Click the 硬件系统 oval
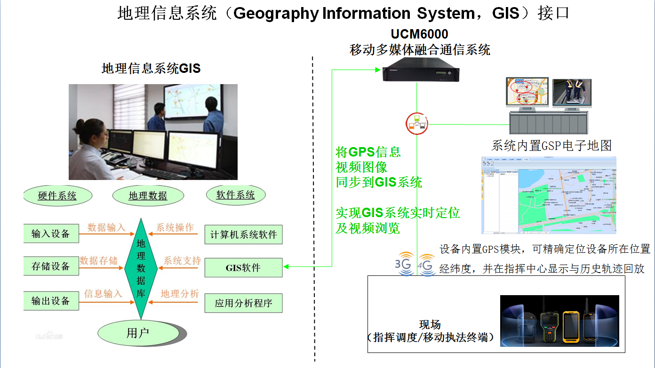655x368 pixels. [x=57, y=196]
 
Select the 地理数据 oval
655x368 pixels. [x=148, y=196]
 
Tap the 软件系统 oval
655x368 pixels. [x=235, y=195]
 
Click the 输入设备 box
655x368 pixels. [x=51, y=234]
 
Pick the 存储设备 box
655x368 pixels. [x=51, y=266]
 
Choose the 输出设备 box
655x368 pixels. [x=51, y=301]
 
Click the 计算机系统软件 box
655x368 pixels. [x=243, y=235]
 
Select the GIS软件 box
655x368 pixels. [x=243, y=268]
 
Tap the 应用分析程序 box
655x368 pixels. [x=243, y=303]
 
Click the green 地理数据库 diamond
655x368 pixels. [x=141, y=268]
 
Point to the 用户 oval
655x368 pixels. [x=138, y=333]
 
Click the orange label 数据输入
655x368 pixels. [x=106, y=228]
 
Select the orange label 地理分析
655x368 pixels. [x=180, y=294]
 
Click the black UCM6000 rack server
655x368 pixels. [x=421, y=75]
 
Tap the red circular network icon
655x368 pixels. [x=416, y=124]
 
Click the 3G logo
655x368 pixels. [x=404, y=266]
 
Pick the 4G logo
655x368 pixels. [x=426, y=266]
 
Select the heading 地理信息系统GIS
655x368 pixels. [x=151, y=69]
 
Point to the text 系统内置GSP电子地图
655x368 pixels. [x=551, y=145]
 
